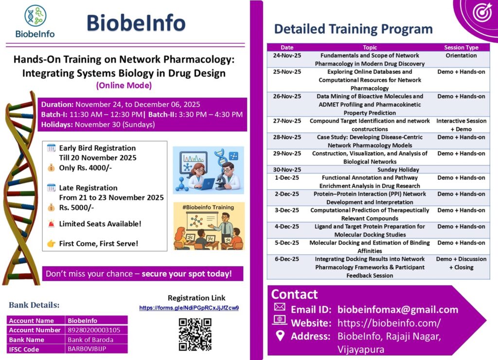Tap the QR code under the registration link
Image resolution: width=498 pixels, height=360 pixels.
pyautogui.click(x=195, y=334)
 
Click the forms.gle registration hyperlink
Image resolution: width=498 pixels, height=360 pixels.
pyautogui.click(x=189, y=308)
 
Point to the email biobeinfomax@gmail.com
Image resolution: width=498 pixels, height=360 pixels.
pyautogui.click(x=398, y=309)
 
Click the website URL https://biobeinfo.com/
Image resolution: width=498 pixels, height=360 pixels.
pyautogui.click(x=389, y=323)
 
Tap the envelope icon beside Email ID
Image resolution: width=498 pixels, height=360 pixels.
pyautogui.click(x=280, y=307)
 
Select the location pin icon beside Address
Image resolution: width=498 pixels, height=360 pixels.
pyautogui.click(x=280, y=335)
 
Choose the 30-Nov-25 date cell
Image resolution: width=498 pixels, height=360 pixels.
pyautogui.click(x=287, y=170)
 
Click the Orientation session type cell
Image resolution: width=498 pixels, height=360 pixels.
pyautogui.click(x=461, y=55)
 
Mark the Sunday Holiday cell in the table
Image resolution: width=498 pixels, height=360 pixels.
pyautogui.click(x=370, y=170)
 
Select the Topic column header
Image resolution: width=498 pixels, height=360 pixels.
pyautogui.click(x=370, y=48)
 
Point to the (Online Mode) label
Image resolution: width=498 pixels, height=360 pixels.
pyautogui.click(x=124, y=85)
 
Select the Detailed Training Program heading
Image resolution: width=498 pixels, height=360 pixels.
pyautogui.click(x=353, y=29)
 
